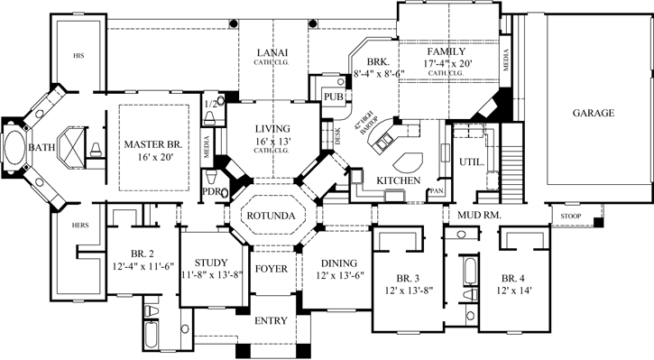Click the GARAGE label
(593, 114)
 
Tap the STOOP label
(571, 217)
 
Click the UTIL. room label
(471, 162)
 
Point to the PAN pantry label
(438, 191)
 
